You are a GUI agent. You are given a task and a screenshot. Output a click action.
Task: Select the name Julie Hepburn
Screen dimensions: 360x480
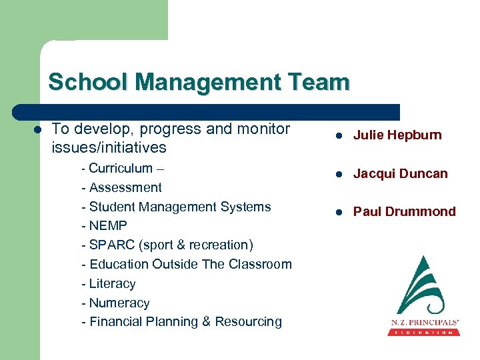click(397, 135)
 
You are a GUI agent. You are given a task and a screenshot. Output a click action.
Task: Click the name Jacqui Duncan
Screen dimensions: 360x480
click(400, 173)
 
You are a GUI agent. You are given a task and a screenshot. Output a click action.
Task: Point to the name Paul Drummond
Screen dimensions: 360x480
click(404, 212)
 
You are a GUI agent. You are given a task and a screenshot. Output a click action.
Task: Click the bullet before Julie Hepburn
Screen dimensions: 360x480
click(339, 136)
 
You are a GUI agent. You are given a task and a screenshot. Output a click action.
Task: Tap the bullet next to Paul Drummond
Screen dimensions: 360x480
click(339, 213)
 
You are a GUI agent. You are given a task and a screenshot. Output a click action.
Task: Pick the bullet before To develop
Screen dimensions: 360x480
click(38, 129)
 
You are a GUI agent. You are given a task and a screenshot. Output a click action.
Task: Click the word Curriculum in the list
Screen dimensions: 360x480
click(121, 168)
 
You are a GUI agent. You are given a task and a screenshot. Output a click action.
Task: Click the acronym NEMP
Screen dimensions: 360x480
click(108, 225)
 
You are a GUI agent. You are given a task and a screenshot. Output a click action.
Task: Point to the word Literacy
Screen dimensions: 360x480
click(112, 283)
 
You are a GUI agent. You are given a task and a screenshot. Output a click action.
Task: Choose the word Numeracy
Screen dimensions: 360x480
click(119, 303)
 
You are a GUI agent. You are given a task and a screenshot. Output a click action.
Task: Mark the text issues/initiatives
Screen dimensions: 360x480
click(109, 147)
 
